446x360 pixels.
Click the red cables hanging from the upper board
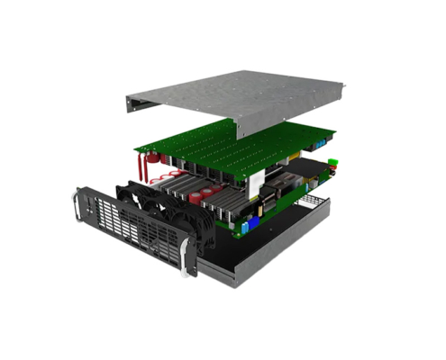point(141,166)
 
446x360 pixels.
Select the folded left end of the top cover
point(132,107)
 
